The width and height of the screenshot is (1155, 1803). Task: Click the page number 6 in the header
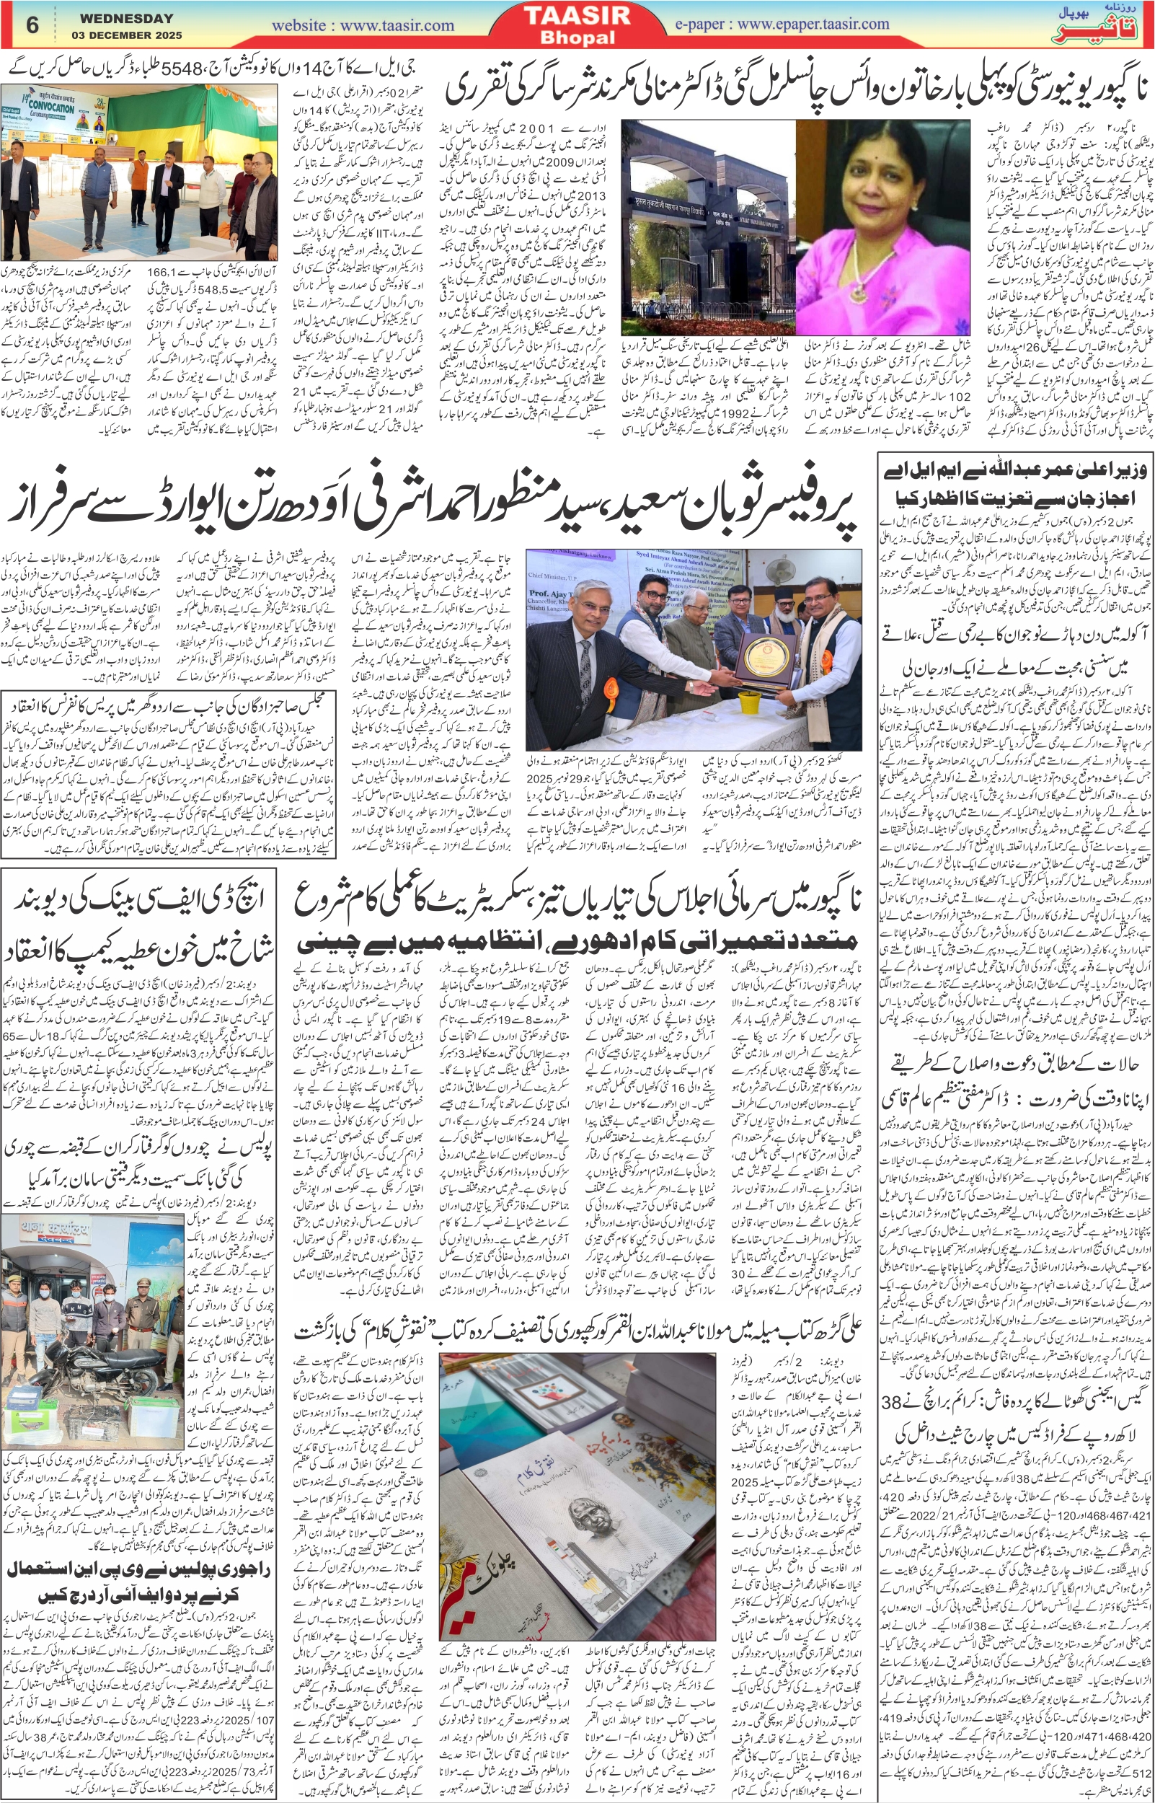32,25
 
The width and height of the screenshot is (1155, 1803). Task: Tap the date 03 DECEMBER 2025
127,35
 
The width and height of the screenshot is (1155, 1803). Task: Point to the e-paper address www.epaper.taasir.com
813,24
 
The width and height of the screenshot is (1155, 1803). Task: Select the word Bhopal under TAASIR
577,38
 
